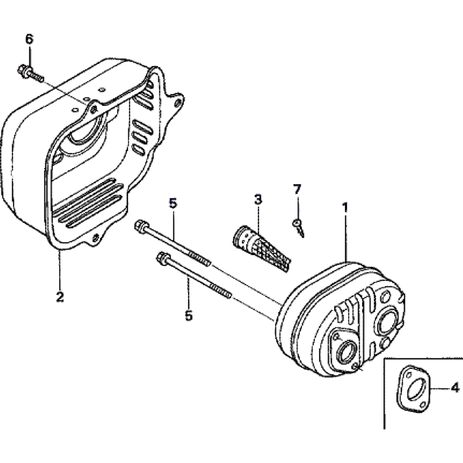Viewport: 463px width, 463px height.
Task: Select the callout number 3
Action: [258, 199]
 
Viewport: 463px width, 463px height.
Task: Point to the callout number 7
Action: [297, 189]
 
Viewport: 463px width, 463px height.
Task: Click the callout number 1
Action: [344, 207]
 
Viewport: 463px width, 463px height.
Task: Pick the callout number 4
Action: [455, 387]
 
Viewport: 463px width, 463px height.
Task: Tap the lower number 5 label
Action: [188, 315]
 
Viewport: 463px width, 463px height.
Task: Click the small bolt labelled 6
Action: [31, 74]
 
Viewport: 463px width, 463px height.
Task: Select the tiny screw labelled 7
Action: [298, 228]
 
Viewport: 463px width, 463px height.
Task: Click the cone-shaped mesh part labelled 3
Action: [261, 248]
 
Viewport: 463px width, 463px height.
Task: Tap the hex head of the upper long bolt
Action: [140, 226]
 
